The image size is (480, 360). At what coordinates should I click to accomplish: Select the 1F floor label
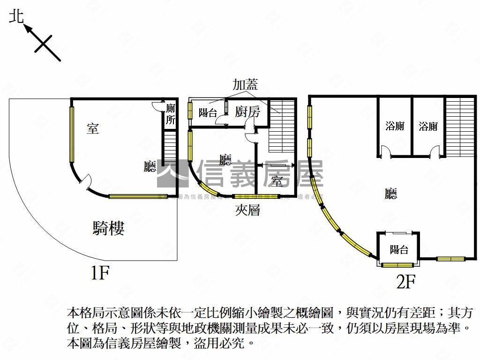point(99,272)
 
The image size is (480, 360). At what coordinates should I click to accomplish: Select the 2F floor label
point(406,281)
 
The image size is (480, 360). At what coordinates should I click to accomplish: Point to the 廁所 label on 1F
point(171,114)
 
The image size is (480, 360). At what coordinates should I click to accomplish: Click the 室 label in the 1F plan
point(93,128)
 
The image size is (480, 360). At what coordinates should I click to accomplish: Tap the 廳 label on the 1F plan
point(150,166)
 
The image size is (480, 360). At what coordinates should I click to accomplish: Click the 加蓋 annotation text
point(246,84)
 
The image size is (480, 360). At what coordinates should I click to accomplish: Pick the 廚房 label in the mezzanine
point(247,112)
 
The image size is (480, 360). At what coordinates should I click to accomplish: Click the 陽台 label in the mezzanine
point(208,112)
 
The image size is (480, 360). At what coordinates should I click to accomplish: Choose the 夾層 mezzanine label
point(247,210)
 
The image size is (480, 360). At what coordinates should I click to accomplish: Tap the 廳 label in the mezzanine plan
point(225,160)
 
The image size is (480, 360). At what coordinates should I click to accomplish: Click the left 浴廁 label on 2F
point(395,126)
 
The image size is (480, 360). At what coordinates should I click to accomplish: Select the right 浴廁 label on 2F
point(428,126)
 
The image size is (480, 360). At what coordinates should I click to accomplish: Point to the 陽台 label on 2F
point(398,250)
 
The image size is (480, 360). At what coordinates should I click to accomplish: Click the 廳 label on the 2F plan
point(390,194)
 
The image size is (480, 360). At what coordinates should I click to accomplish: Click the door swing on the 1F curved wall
point(84,181)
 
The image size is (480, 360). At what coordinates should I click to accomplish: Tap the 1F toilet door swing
point(157,107)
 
